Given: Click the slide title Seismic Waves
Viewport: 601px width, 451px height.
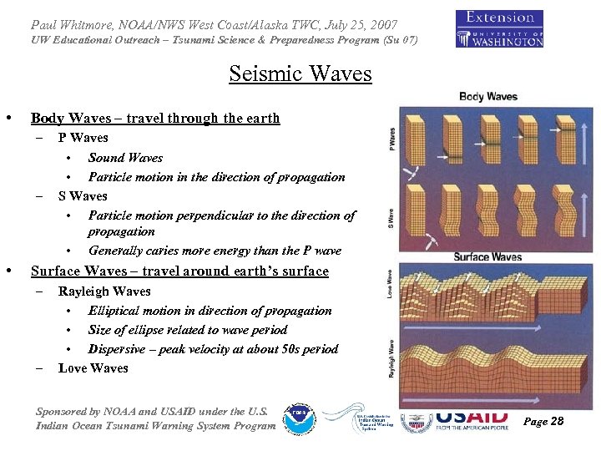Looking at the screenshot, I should click(300, 74).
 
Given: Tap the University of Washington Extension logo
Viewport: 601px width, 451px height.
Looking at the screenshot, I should click(499, 28).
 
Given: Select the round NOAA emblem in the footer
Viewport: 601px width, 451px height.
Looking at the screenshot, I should click(298, 418).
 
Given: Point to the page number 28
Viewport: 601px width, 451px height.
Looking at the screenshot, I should click(543, 421).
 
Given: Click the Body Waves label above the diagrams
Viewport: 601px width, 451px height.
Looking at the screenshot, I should click(488, 97).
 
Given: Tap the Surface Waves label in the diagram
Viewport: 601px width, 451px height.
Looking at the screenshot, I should click(487, 257).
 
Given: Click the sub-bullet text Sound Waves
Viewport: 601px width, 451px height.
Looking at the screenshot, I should click(125, 158).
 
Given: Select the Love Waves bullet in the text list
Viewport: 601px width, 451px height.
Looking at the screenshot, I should click(93, 368).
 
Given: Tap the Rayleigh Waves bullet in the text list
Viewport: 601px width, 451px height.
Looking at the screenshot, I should click(104, 291).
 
